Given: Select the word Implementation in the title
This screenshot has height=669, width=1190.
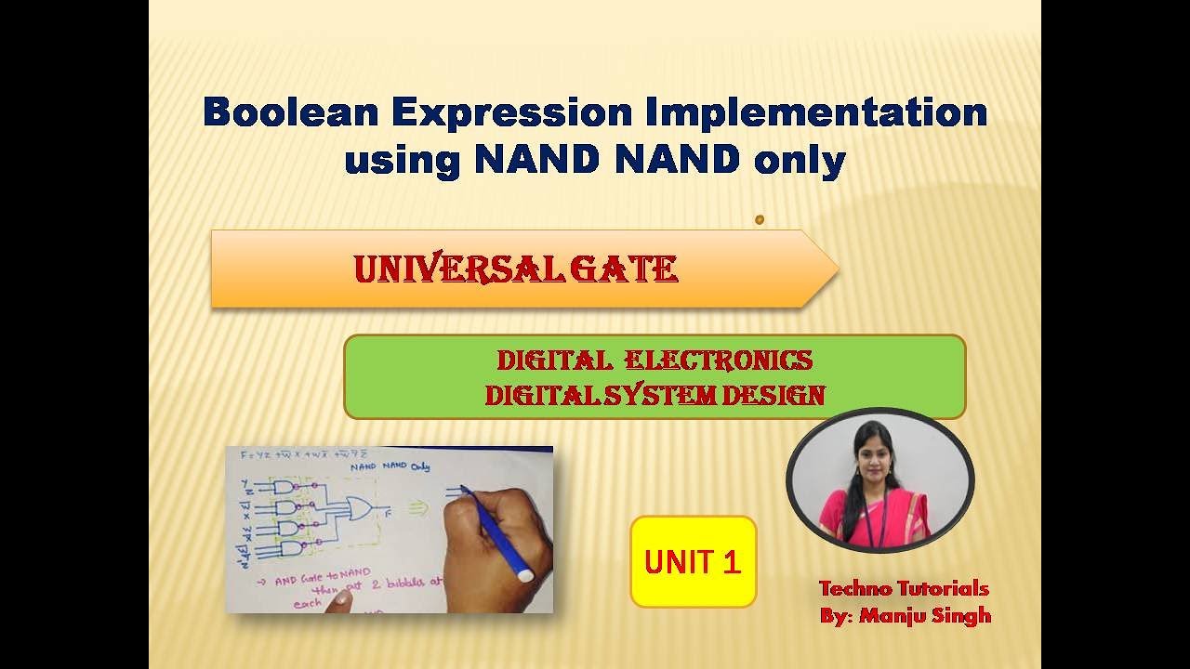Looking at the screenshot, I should (810, 113).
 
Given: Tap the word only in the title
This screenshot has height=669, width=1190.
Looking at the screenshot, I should (800, 161).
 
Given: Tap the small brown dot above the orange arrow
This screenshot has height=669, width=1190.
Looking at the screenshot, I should (760, 220).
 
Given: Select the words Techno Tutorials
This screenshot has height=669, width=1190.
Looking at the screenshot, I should (903, 588).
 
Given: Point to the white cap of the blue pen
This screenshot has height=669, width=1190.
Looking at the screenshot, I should (525, 575).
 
